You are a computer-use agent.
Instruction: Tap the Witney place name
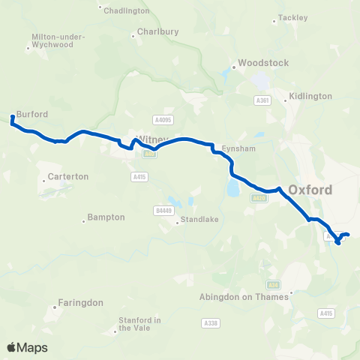pyautogui.click(x=148, y=139)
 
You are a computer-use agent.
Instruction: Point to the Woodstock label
pyautogui.click(x=262, y=63)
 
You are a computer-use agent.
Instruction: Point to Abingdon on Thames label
pyautogui.click(x=244, y=297)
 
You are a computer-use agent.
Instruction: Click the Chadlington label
pyautogui.click(x=127, y=11)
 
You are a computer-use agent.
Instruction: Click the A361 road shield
pyautogui.click(x=262, y=100)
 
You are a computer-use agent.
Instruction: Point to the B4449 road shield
pyautogui.click(x=164, y=211)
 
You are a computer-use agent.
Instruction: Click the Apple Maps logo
pyautogui.click(x=27, y=347)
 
